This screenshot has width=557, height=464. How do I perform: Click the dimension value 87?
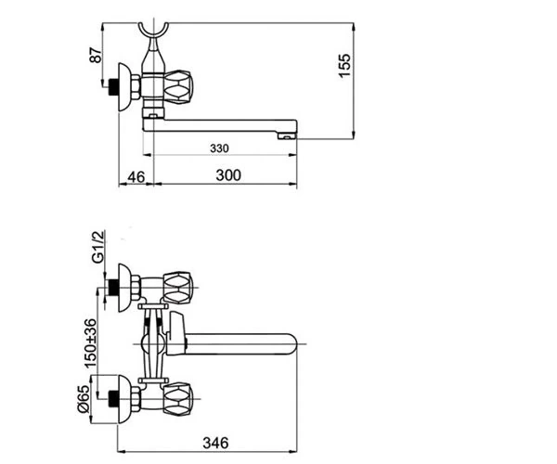(96, 55)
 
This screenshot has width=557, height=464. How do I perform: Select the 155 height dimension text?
(344, 65)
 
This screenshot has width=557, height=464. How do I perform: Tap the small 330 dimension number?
(219, 148)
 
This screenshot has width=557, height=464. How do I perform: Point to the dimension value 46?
(136, 176)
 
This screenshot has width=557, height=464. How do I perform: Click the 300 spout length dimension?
(228, 175)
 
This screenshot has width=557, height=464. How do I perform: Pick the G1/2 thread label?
(98, 247)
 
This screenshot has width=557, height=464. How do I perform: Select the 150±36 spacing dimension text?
(90, 343)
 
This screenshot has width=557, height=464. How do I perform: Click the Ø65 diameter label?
(84, 399)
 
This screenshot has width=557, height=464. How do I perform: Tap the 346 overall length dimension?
(215, 443)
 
